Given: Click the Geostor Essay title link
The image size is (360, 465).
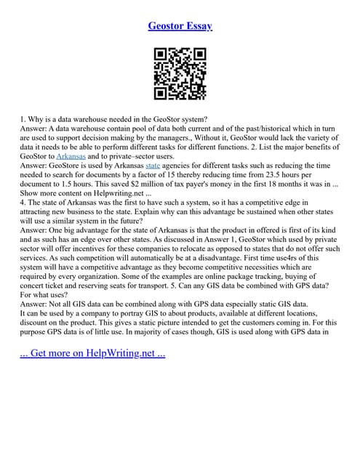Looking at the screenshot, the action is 180,26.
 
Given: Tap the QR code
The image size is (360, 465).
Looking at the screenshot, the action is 180,73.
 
